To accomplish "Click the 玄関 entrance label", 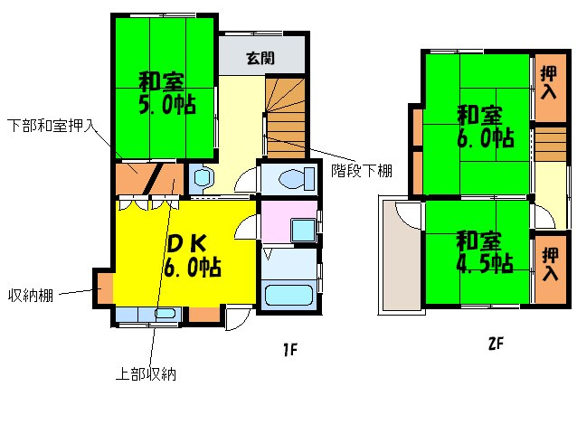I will click(260, 59).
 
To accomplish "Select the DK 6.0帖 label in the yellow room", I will click(191, 255).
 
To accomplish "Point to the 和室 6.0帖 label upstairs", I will click(485, 127).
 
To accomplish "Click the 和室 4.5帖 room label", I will click(485, 252).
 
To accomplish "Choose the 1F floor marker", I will click(288, 348).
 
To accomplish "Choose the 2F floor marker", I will click(495, 344).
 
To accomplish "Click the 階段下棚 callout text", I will click(361, 169).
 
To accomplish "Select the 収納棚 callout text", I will click(31, 295).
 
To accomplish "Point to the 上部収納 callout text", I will click(149, 372).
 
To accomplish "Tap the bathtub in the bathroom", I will click(288, 295).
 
